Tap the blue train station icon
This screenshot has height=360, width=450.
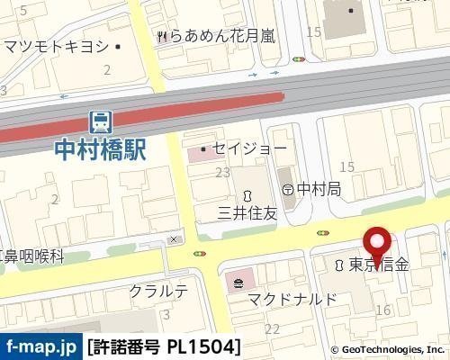(x=100, y=121)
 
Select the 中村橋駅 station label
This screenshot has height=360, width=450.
(x=100, y=148)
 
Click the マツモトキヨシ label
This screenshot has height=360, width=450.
(x=56, y=46)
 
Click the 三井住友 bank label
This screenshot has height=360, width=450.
(x=245, y=214)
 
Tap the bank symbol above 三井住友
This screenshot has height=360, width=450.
(x=246, y=195)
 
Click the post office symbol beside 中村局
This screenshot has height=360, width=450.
(x=287, y=189)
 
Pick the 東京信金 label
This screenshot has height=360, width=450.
(x=379, y=265)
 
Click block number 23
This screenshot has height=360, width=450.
(x=223, y=171)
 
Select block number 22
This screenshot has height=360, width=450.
(x=271, y=329)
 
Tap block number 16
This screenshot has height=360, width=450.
(x=383, y=310)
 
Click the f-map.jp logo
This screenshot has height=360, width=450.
(x=41, y=346)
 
